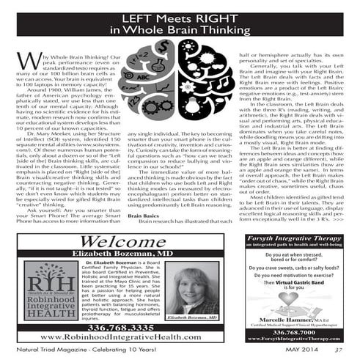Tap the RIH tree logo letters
click(x=47, y=283)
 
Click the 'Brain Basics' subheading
click(x=143, y=217)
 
